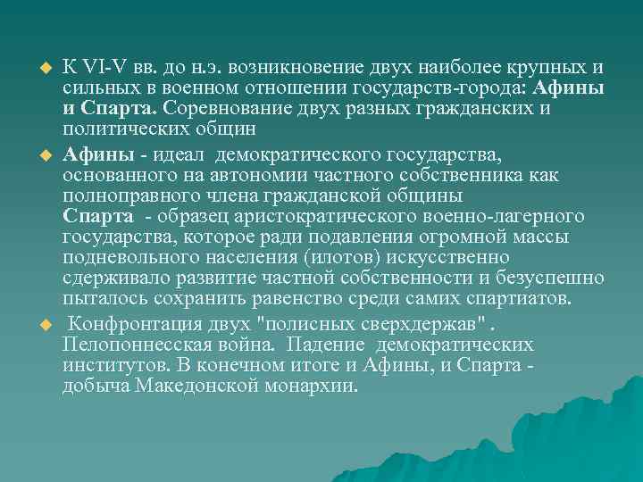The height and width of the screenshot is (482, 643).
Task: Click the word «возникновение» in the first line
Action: [x=288, y=69]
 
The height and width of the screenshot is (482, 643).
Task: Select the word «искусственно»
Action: [x=441, y=258]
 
